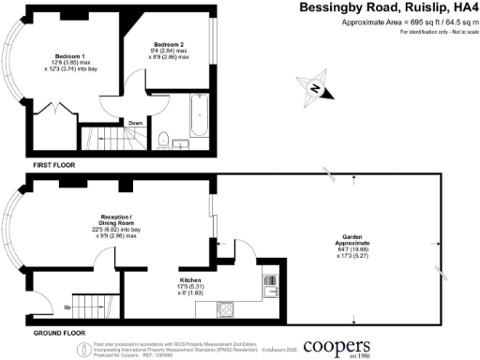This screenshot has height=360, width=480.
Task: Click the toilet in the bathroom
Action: point(163,141)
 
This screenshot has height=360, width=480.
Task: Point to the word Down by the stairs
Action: point(135,122)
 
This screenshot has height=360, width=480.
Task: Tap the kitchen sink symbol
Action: point(271,284)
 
